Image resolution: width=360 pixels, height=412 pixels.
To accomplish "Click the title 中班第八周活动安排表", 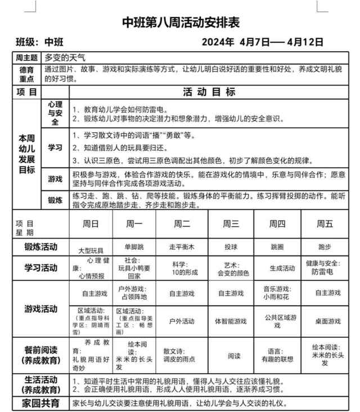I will tap(181, 23).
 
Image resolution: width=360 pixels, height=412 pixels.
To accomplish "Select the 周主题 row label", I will tap(26, 57).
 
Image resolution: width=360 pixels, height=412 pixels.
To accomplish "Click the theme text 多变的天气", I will tap(65, 57).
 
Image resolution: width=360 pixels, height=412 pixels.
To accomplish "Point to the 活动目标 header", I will tap(209, 92).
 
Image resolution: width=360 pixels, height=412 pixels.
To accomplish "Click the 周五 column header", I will tap(325, 224).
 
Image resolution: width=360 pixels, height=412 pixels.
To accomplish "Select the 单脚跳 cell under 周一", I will tap(134, 247).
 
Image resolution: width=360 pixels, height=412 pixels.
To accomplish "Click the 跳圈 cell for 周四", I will tap(277, 247).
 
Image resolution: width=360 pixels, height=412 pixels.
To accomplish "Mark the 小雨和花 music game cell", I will tap(276, 293).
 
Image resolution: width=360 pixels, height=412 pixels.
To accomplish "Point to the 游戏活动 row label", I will tap(40, 309).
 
